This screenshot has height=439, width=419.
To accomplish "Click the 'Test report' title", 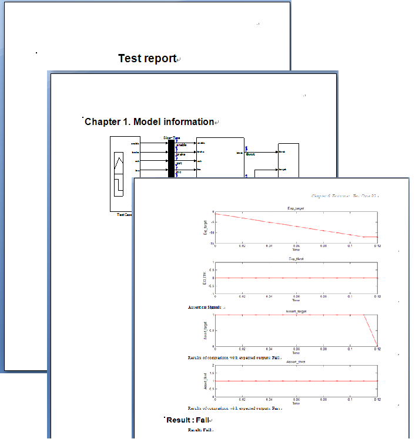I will [x=148, y=58].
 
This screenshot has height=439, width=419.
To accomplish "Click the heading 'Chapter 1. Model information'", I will [x=149, y=121].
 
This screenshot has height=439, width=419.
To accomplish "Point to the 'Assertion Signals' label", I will [x=205, y=307].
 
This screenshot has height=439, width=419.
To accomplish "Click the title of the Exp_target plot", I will [x=296, y=208].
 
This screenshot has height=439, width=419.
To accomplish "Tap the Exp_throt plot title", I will [x=296, y=259].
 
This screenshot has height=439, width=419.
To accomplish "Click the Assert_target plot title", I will [x=296, y=311].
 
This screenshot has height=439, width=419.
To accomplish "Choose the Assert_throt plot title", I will [x=296, y=362].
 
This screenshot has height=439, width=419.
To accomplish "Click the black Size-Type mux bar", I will [x=172, y=158].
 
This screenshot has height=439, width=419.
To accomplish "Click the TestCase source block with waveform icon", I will [x=120, y=174].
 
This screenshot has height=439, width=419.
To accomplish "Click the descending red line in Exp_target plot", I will [x=282, y=224].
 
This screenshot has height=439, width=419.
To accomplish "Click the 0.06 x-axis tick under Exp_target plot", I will [x=296, y=245].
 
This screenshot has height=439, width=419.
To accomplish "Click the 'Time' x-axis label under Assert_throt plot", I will [x=296, y=403].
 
